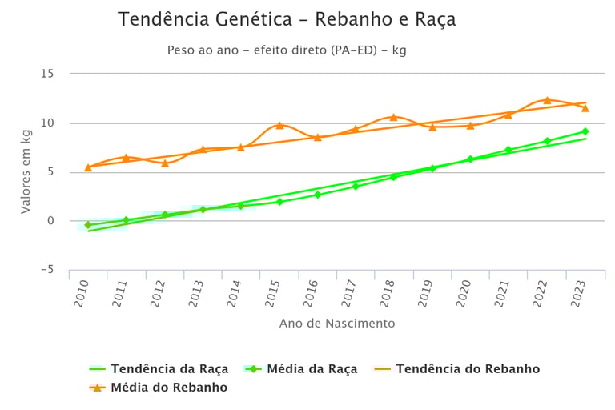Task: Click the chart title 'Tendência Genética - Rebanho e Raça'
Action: pyautogui.click(x=287, y=20)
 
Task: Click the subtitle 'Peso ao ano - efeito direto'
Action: pyautogui.click(x=287, y=50)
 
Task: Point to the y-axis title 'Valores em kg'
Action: pyautogui.click(x=26, y=171)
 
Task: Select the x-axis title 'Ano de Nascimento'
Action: pyautogui.click(x=337, y=324)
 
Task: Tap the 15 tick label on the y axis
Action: pyautogui.click(x=47, y=74)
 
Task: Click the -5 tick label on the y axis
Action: pyautogui.click(x=47, y=270)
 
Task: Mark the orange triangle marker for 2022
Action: pyautogui.click(x=547, y=100)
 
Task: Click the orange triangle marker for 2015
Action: pyautogui.click(x=279, y=125)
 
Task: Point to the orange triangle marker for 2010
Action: pyautogui.click(x=88, y=167)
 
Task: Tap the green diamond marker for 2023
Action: pyautogui.click(x=585, y=131)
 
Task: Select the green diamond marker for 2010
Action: pyautogui.click(x=88, y=225)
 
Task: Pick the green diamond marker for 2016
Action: pyautogui.click(x=317, y=195)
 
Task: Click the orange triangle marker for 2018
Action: pyautogui.click(x=393, y=117)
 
